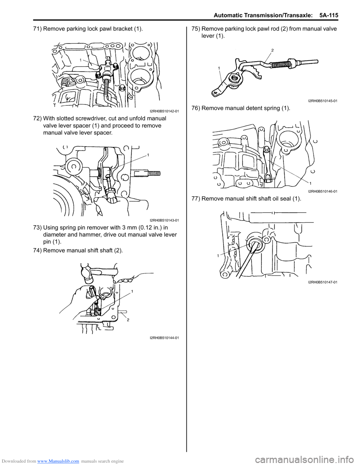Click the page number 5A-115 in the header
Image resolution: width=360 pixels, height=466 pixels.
tap(329, 15)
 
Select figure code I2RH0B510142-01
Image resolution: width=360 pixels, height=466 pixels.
tap(164, 111)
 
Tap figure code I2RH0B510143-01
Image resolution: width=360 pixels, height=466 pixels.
tap(164, 220)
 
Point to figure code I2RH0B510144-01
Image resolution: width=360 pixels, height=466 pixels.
tap(164, 338)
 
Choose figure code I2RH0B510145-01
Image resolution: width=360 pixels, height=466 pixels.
tap(322, 101)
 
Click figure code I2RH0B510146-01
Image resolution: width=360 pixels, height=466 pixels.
tap(322, 191)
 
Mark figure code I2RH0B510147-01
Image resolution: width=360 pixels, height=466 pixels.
tap(322, 282)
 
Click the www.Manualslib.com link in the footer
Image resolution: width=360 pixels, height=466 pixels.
tap(58, 461)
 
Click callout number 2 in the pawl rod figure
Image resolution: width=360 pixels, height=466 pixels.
tap(272, 50)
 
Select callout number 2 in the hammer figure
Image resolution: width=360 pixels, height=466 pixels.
tap(128, 320)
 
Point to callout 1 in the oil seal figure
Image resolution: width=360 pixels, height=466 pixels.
tap(217, 256)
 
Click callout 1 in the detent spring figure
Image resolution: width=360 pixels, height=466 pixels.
tap(310, 183)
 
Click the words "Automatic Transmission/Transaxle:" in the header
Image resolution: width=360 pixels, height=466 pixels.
tap(264, 15)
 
